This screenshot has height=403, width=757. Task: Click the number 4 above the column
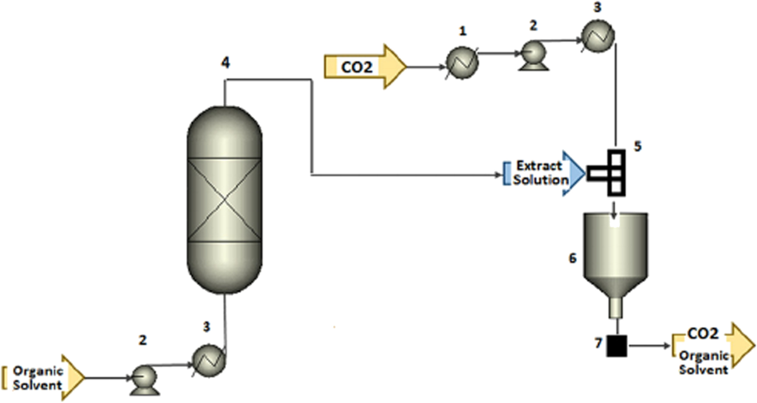pos(225,62)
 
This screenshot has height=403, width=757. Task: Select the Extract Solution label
pos(540,173)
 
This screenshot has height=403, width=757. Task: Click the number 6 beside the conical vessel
pos(573,258)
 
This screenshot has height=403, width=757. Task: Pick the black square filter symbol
pos(616,346)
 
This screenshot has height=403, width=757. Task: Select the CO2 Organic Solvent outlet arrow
pos(713,349)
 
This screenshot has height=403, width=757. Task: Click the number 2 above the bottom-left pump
pos(143,340)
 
